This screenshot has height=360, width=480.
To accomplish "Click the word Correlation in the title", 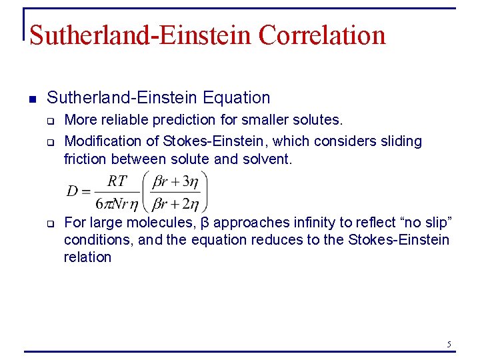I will [322, 35].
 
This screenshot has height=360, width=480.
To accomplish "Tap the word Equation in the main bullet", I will [237, 98].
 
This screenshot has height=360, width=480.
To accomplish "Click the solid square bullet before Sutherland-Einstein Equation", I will [31, 98].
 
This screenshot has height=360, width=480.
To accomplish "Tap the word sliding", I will [397, 141].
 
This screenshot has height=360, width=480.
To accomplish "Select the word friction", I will [85, 159].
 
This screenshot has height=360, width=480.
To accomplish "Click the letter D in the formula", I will [72, 191].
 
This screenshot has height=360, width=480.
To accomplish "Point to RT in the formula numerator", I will [117, 181].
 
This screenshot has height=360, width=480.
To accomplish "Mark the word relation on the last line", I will [87, 257].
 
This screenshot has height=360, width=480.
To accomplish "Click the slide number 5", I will [449, 344].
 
